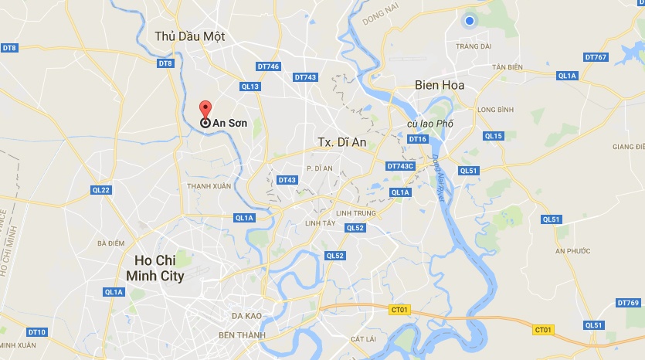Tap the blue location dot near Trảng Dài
(x=469, y=22)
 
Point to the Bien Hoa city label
(x=440, y=85)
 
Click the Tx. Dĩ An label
(x=341, y=142)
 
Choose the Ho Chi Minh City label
(x=159, y=267)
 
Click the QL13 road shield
(x=250, y=87)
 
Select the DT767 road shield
(x=596, y=57)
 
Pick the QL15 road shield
(x=493, y=136)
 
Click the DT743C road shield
(x=400, y=166)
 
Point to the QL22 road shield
(x=100, y=190)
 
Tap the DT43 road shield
(x=287, y=180)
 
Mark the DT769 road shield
(x=628, y=302)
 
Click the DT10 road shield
(x=36, y=332)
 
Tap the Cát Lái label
(x=362, y=339)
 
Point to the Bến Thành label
(x=242, y=335)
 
